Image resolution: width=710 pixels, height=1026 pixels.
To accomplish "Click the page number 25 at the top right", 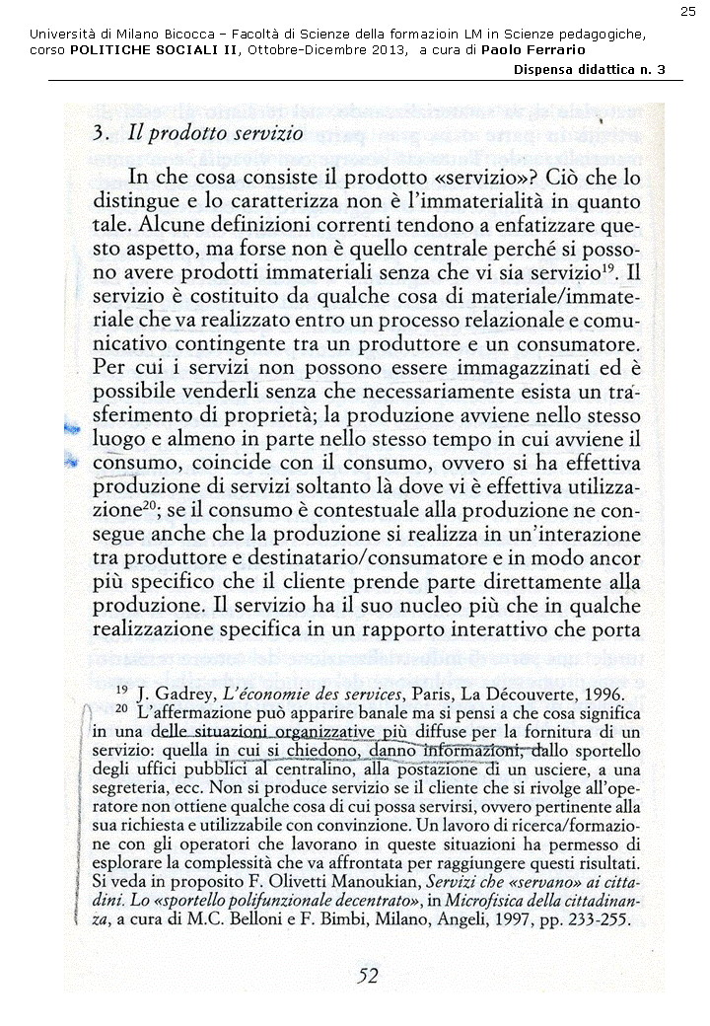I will (x=687, y=11).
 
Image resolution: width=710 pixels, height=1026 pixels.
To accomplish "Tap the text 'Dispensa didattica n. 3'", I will (x=590, y=69).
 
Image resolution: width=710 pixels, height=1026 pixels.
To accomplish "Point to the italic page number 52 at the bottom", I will (x=366, y=977).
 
